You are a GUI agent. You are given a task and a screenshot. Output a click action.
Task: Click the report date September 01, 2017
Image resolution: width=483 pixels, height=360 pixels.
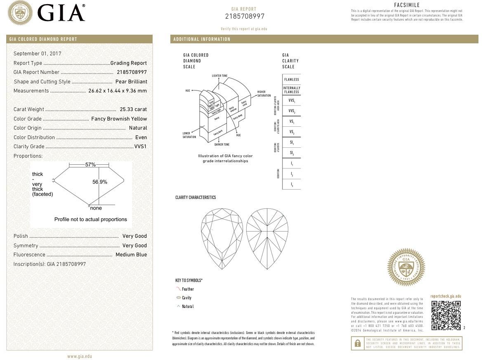click(37, 54)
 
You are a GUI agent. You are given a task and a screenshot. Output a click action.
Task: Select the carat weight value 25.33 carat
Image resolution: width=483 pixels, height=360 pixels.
click(133, 109)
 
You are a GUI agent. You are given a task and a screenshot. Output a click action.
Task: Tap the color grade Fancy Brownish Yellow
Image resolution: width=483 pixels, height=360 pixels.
click(119, 119)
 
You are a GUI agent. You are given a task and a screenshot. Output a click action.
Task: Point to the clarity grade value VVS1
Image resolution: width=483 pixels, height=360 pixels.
click(140, 147)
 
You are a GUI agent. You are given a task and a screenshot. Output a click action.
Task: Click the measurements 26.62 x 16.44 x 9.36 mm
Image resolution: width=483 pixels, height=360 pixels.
click(118, 91)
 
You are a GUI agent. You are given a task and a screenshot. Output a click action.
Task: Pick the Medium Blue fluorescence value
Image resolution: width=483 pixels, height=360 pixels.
click(131, 255)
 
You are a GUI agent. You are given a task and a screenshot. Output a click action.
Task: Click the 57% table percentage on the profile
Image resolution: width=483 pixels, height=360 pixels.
click(90, 165)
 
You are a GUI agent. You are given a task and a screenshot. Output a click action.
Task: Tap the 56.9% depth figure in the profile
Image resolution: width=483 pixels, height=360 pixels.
click(100, 182)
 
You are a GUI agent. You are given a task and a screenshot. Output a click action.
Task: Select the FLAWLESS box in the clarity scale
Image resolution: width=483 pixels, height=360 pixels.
click(291, 80)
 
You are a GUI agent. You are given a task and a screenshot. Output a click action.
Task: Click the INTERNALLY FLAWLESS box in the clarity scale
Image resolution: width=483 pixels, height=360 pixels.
click(291, 90)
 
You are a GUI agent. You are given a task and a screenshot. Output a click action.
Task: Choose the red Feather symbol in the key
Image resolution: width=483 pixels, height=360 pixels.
click(178, 289)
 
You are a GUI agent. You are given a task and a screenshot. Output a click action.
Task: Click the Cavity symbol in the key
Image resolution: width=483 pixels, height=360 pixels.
click(179, 298)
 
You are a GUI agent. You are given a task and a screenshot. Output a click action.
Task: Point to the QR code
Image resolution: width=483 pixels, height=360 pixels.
click(446, 315)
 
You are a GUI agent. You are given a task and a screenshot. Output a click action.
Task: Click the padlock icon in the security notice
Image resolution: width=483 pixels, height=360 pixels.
click(357, 343)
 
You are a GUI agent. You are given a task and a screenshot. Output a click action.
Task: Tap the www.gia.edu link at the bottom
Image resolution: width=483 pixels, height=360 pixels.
click(80, 356)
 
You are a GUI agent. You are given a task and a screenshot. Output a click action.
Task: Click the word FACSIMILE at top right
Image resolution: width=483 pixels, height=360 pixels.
click(407, 5)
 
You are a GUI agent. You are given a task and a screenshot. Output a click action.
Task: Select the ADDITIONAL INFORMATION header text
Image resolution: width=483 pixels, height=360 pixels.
click(202, 39)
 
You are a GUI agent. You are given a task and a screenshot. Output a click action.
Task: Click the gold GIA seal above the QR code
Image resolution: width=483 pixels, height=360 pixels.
click(406, 267)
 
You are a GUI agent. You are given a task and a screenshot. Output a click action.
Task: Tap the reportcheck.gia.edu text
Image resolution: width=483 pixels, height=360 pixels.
click(445, 296)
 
